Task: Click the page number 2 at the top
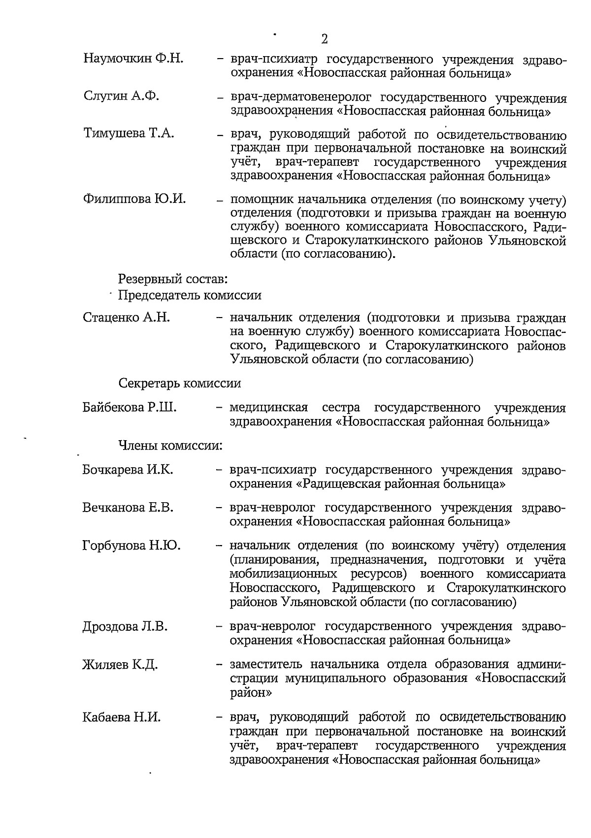[x=324, y=39]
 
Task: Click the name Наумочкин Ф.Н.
[x=133, y=59]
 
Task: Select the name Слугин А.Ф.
[x=121, y=96]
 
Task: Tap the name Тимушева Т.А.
[x=129, y=133]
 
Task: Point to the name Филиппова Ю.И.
[x=134, y=199]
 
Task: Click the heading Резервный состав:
[x=173, y=279]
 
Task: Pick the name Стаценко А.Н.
[x=127, y=318]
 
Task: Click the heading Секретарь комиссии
[x=179, y=383]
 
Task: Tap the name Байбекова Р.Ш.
[x=129, y=408]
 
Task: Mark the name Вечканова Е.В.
[x=128, y=507]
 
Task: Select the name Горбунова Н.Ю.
[x=131, y=546]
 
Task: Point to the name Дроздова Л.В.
[x=125, y=627]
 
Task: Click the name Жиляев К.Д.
[x=120, y=665]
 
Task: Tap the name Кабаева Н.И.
[x=121, y=717]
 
